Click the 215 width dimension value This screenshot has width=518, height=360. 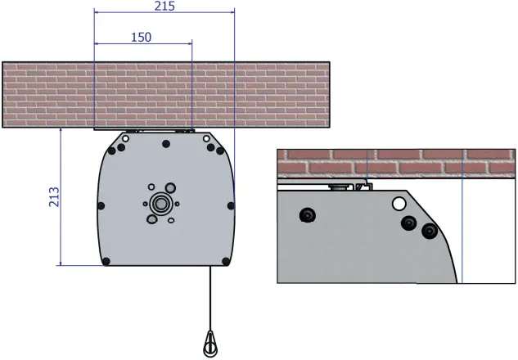(x=164, y=6)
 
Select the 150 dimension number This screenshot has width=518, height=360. (x=140, y=37)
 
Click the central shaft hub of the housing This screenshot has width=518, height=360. (x=160, y=202)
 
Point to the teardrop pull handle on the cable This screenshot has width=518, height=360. (x=210, y=341)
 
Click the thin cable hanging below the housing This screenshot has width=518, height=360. (x=210, y=295)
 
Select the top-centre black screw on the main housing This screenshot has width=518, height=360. (x=167, y=144)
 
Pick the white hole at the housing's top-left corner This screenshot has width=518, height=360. (x=125, y=138)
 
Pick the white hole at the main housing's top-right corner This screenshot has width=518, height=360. (x=208, y=139)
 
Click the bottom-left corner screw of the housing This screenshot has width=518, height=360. (x=106, y=262)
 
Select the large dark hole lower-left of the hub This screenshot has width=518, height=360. (x=151, y=218)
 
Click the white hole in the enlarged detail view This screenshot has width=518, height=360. (x=399, y=203)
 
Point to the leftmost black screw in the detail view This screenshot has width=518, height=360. (x=308, y=214)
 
